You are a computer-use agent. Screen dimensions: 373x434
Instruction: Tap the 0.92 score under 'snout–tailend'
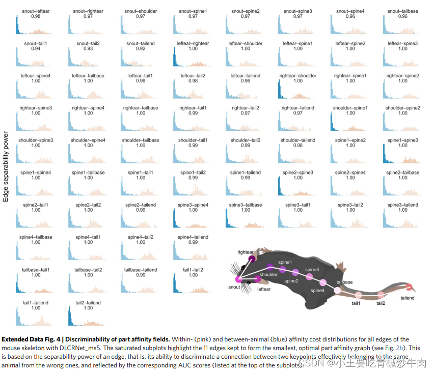tap(141, 49)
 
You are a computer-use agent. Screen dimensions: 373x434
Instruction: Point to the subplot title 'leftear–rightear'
tap(193, 44)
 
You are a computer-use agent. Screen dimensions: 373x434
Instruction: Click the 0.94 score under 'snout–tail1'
tap(35, 49)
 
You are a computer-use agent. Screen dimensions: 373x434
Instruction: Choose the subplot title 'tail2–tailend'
tap(88, 303)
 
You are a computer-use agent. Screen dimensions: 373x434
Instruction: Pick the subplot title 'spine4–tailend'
tap(193, 237)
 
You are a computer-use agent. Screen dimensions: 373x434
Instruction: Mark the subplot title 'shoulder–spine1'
tap(350, 108)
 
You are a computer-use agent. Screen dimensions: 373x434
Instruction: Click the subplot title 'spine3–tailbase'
tap(246, 205)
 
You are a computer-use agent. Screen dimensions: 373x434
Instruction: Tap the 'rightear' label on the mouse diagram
tap(245, 252)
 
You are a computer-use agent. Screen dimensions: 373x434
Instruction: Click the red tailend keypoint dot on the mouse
tap(409, 288)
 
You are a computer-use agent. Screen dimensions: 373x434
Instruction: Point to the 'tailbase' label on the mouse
tap(344, 282)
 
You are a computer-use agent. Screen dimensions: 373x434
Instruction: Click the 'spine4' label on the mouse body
tap(317, 291)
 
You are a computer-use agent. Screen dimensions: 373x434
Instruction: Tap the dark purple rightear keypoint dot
tap(251, 259)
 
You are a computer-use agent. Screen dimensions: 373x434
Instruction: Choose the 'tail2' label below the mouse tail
tap(381, 303)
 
